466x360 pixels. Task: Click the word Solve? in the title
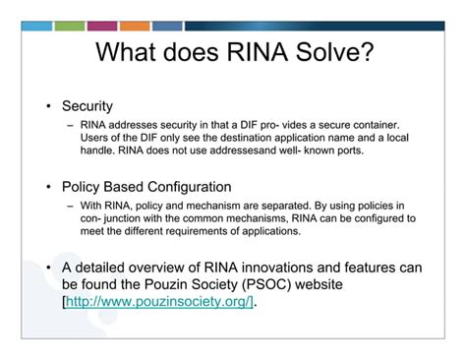(327, 52)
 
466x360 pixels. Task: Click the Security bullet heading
(87, 105)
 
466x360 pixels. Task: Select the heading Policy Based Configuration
(146, 187)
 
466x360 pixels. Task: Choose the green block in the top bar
(70, 26)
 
